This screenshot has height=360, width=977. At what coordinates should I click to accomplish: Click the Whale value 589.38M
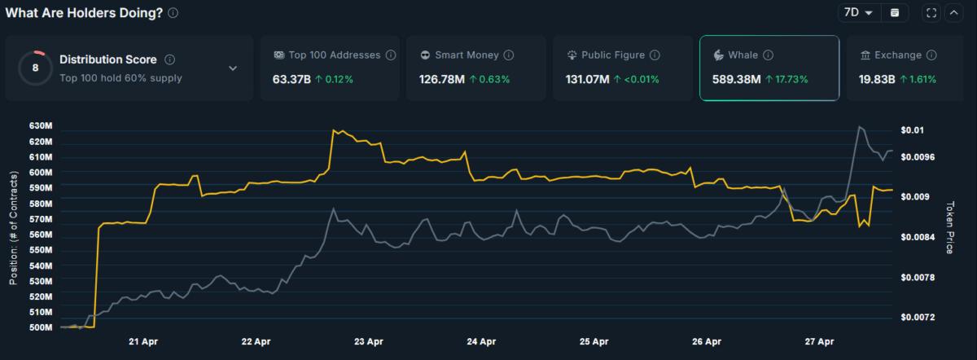(736, 80)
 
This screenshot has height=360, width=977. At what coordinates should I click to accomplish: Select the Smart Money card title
(461, 55)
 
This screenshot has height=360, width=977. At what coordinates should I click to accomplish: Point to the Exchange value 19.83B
(875, 80)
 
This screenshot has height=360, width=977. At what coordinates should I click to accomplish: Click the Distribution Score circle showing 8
(35, 68)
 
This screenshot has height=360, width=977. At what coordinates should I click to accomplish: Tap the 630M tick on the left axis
(40, 126)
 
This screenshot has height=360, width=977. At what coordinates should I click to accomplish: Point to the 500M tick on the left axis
(40, 327)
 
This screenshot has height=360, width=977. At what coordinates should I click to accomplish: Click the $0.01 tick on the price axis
(913, 130)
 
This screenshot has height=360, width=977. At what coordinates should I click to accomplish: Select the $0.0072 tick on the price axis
(916, 317)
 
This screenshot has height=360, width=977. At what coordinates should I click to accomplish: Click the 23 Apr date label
(369, 342)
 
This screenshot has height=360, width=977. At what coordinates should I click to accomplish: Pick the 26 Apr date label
(707, 342)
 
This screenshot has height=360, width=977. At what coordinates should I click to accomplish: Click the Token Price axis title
(950, 228)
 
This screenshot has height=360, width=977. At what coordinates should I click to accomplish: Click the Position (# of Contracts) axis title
(13, 228)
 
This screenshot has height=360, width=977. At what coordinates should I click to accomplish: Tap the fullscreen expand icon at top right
(932, 13)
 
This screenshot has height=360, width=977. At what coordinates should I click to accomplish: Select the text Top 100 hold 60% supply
(120, 78)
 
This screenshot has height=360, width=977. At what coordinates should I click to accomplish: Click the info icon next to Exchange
(932, 55)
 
